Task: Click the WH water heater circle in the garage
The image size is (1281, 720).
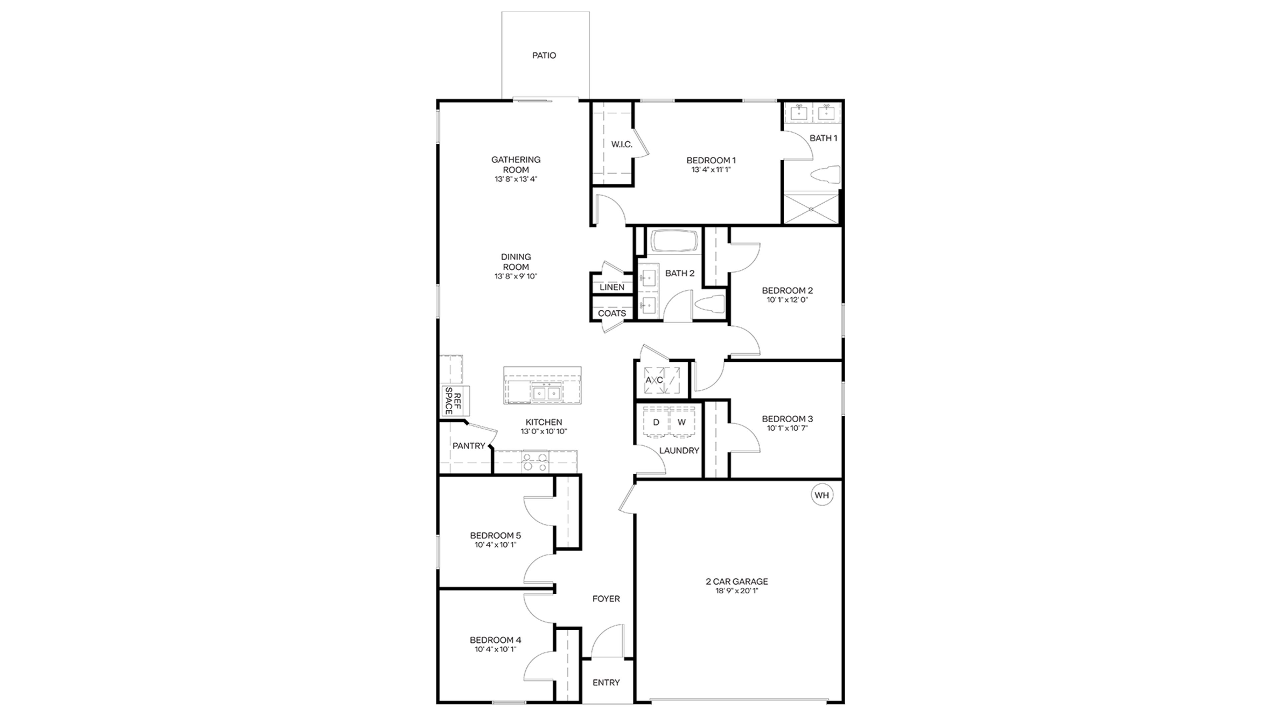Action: coord(822,495)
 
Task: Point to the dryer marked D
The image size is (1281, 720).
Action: coord(656,422)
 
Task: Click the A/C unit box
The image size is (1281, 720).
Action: coord(662,380)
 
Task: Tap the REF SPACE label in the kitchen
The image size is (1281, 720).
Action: coord(453,401)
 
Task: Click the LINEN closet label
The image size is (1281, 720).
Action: coord(612,287)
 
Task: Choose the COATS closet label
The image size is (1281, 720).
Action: coord(612,314)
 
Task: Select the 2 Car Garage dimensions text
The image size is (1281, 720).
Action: coord(737,591)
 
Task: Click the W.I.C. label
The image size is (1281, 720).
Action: coord(621,145)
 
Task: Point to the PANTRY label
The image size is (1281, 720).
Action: coord(468,446)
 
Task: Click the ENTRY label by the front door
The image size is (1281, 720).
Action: coord(606,683)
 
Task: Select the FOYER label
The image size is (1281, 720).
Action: coord(606,599)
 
